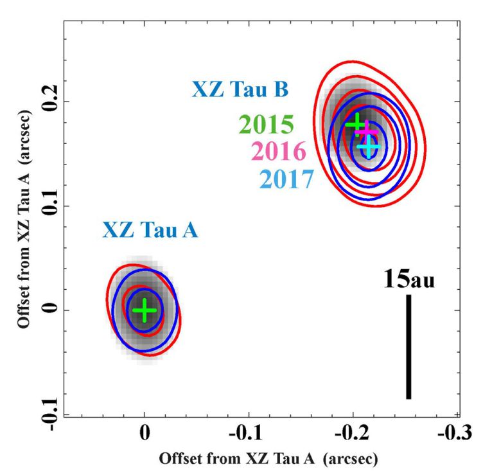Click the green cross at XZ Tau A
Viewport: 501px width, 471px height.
[145, 310]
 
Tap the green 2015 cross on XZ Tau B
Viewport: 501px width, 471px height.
[356, 123]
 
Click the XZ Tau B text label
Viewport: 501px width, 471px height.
[240, 89]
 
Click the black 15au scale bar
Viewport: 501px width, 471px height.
[409, 347]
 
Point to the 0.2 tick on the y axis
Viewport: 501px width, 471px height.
[50, 102]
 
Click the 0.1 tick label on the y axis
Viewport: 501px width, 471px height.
[50, 206]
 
